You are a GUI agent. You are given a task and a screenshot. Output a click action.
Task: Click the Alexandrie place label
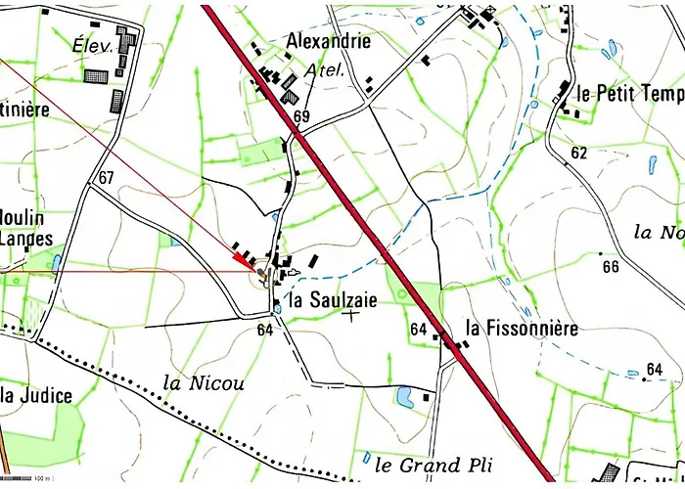328,41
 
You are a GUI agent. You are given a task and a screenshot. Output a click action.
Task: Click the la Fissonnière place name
522,329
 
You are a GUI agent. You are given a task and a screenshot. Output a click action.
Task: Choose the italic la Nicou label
205,382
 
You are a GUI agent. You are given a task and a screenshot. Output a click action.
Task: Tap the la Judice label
36,395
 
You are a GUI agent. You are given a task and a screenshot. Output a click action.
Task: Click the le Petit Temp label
629,94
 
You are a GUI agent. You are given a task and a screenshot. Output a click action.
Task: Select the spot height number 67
107,177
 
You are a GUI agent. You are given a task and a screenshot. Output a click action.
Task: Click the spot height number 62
579,153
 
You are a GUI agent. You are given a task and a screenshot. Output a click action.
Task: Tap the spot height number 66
611,267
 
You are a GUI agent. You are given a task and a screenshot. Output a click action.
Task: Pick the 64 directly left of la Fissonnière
419,329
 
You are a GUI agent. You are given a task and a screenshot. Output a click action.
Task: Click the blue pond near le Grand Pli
403,395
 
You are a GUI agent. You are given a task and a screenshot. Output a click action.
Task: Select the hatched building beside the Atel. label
291,96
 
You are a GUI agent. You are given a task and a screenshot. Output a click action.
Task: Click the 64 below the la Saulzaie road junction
264,330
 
